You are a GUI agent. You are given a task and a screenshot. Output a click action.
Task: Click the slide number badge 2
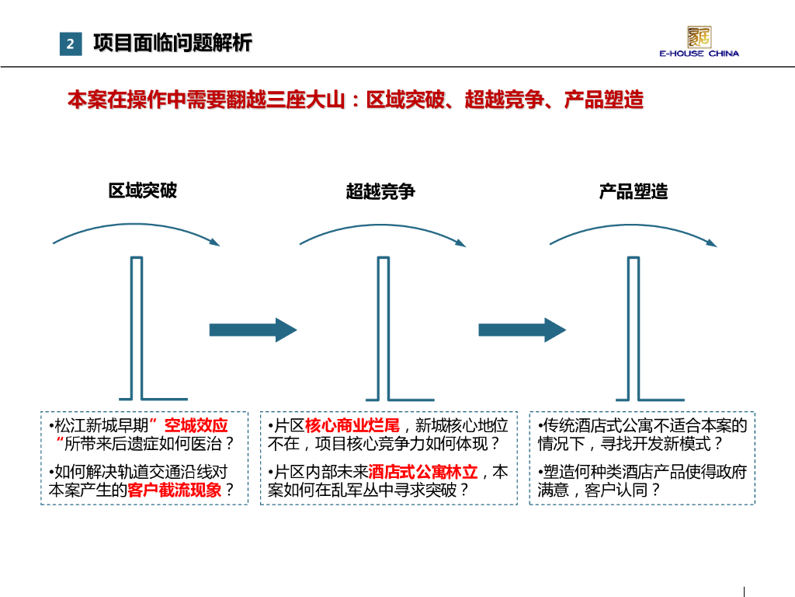tap(70, 44)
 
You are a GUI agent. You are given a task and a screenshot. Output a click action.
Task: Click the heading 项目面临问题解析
tap(172, 44)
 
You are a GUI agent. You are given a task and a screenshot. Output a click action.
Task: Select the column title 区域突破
tap(143, 190)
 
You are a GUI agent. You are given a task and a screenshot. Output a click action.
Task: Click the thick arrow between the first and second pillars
tap(253, 330)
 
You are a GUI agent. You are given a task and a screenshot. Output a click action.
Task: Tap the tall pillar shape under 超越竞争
tap(383, 326)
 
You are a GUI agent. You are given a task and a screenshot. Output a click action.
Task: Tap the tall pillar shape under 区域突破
tap(137, 326)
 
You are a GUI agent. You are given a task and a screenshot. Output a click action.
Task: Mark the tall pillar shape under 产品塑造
tap(634, 326)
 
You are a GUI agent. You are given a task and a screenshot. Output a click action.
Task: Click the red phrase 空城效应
tap(196, 426)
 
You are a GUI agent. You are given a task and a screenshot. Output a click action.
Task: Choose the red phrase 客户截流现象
tap(175, 491)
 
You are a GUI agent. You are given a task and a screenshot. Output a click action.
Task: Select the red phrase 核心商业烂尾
tap(352, 426)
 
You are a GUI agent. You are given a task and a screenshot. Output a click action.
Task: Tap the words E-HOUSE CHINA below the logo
tap(699, 54)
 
